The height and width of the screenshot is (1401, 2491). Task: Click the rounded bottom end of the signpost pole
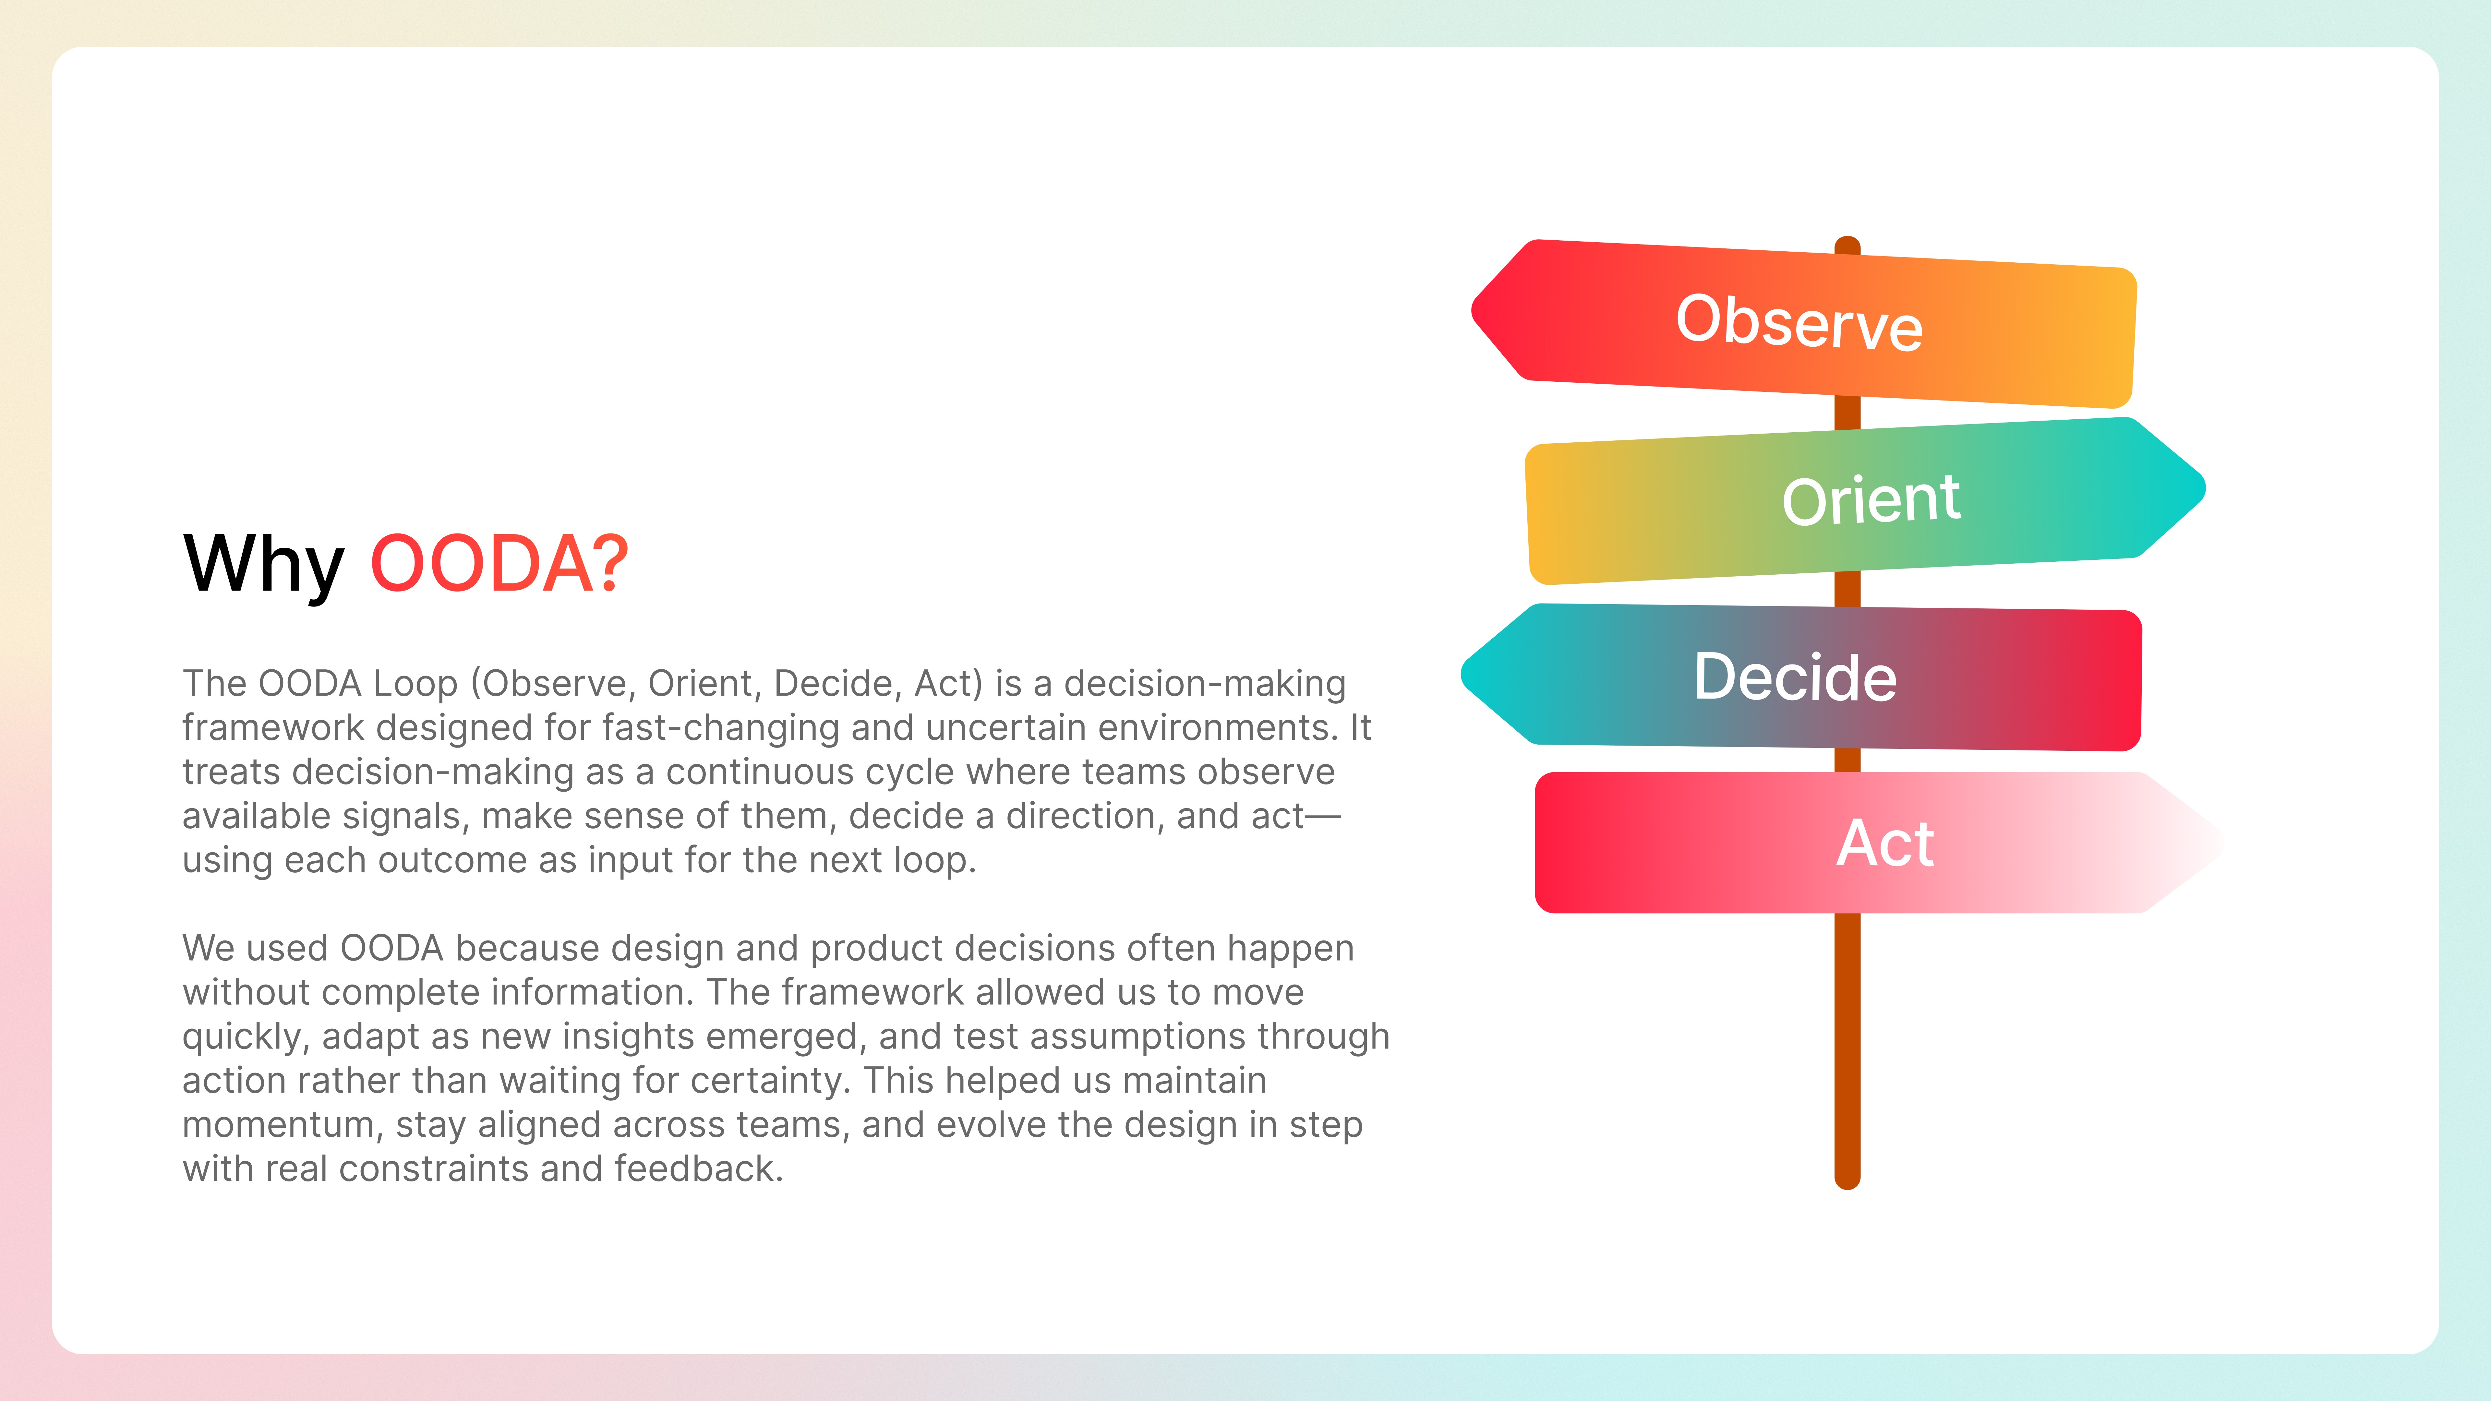1847,1183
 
